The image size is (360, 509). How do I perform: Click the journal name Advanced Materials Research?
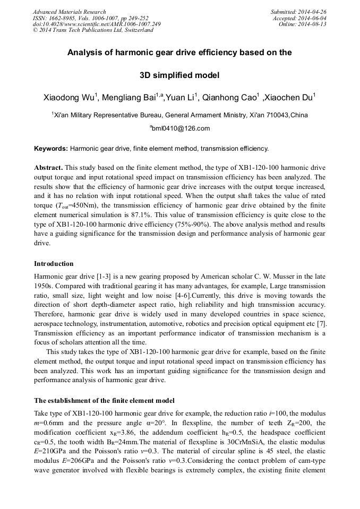point(69,12)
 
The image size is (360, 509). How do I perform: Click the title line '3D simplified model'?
point(179,75)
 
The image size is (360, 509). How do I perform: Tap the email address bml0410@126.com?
point(181,128)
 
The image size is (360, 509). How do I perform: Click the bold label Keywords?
point(51,149)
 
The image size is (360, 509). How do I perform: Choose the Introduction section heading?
point(54,264)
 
